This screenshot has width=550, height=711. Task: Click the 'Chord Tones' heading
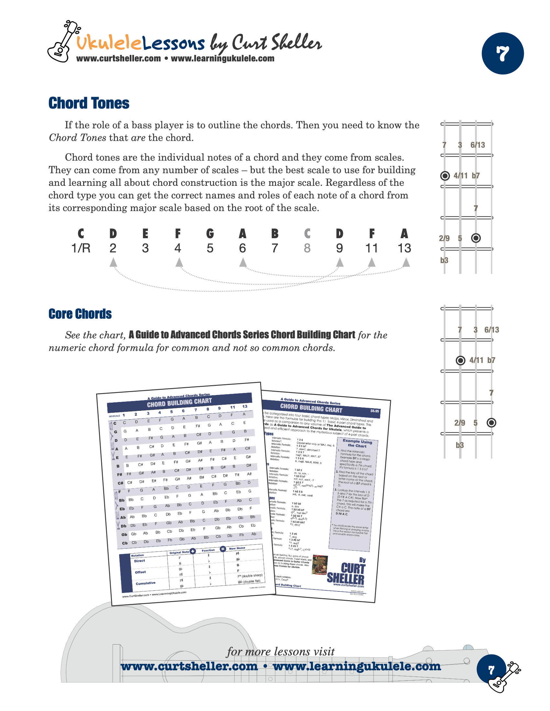coord(89,103)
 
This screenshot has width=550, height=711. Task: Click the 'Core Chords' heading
coord(80,314)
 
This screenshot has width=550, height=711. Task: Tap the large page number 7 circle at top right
coord(502,53)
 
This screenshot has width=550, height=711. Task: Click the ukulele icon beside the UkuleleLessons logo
coord(63,42)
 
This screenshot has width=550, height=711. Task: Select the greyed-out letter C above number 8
coord(307,233)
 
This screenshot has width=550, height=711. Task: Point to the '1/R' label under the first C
coord(81,248)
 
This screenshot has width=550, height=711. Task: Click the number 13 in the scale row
coord(404,248)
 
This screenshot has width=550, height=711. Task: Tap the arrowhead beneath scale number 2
coord(113,262)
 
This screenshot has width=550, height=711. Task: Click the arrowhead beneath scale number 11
coord(372,262)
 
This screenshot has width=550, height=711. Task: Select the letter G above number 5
coord(210,233)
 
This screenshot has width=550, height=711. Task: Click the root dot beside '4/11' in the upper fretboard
coord(445,176)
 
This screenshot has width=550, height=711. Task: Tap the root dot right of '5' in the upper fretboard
coord(476,238)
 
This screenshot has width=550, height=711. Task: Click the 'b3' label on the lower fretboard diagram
coord(459,445)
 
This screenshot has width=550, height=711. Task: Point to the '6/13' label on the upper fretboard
coord(478,145)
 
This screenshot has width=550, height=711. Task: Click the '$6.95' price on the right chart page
coord(374,411)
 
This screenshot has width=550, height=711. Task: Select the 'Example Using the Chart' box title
coord(357,443)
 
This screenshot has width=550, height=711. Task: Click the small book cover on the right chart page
coord(320,565)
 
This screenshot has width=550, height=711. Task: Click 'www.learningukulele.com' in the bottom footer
coord(357,666)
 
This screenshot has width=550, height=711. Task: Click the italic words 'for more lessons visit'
coord(280,652)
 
